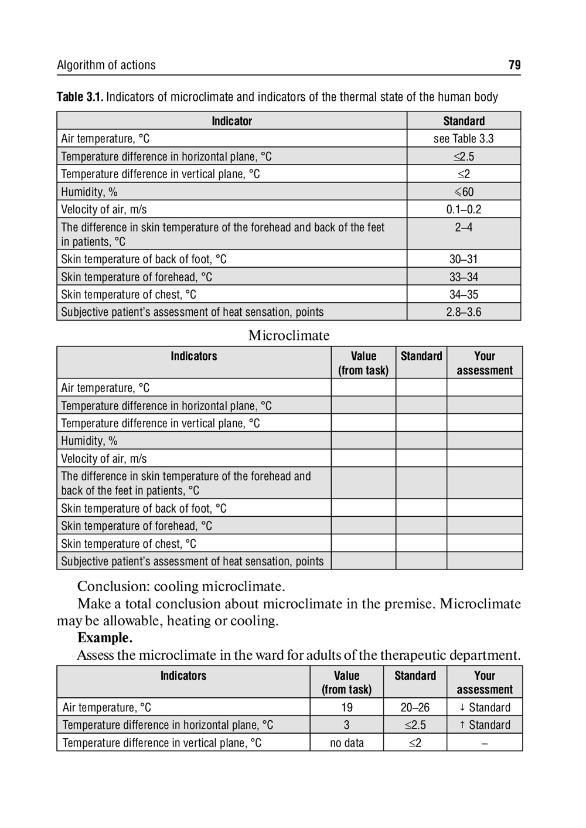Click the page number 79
click(x=515, y=65)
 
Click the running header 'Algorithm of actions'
click(x=106, y=65)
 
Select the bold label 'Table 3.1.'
click(x=80, y=97)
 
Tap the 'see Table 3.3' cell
click(x=464, y=139)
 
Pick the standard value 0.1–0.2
click(x=464, y=209)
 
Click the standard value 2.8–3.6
click(x=464, y=312)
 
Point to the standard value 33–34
click(x=464, y=277)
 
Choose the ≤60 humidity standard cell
click(x=464, y=192)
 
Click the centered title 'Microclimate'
click(x=289, y=335)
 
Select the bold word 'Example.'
click(x=105, y=638)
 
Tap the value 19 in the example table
click(x=346, y=707)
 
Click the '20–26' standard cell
click(x=415, y=707)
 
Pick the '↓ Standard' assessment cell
click(x=485, y=707)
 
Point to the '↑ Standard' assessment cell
click(x=485, y=725)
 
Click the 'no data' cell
click(x=346, y=742)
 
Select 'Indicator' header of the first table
click(x=231, y=121)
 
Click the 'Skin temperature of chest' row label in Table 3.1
click(x=129, y=294)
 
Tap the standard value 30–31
click(x=464, y=259)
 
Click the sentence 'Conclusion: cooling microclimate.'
click(x=181, y=586)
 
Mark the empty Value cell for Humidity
click(x=363, y=441)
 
